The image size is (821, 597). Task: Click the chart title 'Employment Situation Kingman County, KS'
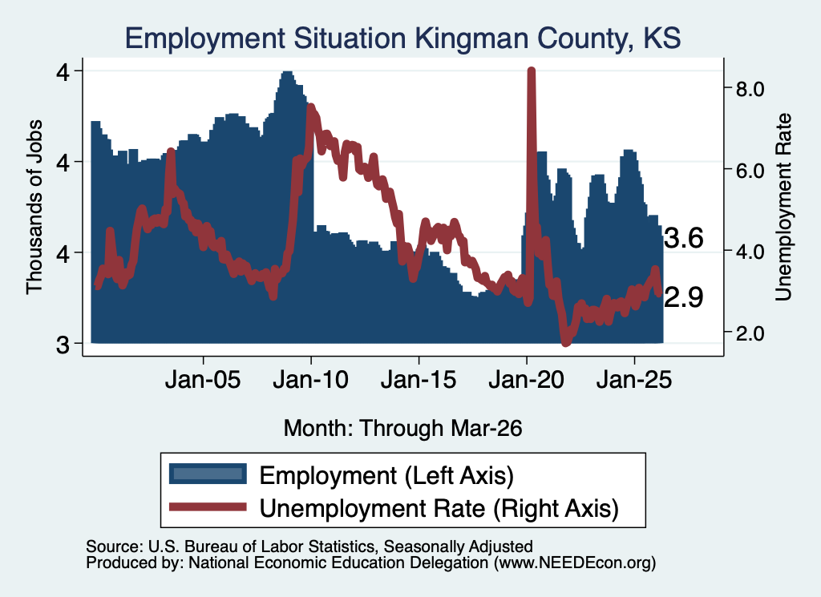tap(402, 38)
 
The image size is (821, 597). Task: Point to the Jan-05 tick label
tap(203, 380)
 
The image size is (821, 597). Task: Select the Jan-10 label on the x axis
tap(310, 380)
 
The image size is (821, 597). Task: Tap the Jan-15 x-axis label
tap(419, 380)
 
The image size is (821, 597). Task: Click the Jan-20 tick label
tap(526, 380)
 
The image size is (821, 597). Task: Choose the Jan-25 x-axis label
tap(634, 380)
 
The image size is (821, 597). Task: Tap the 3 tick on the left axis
tap(63, 345)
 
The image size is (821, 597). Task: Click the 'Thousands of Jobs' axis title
tap(34, 208)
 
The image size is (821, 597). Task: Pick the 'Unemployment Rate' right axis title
tap(783, 208)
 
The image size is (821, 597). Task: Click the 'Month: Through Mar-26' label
tap(402, 428)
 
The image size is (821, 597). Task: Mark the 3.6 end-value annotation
tap(683, 239)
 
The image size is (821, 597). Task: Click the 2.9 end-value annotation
tap(683, 298)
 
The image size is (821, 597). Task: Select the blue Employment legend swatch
tap(208, 474)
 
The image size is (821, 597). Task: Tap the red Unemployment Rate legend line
tap(208, 506)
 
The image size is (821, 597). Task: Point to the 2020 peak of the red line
tap(531, 71)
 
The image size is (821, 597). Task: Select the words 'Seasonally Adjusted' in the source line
tap(458, 547)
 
